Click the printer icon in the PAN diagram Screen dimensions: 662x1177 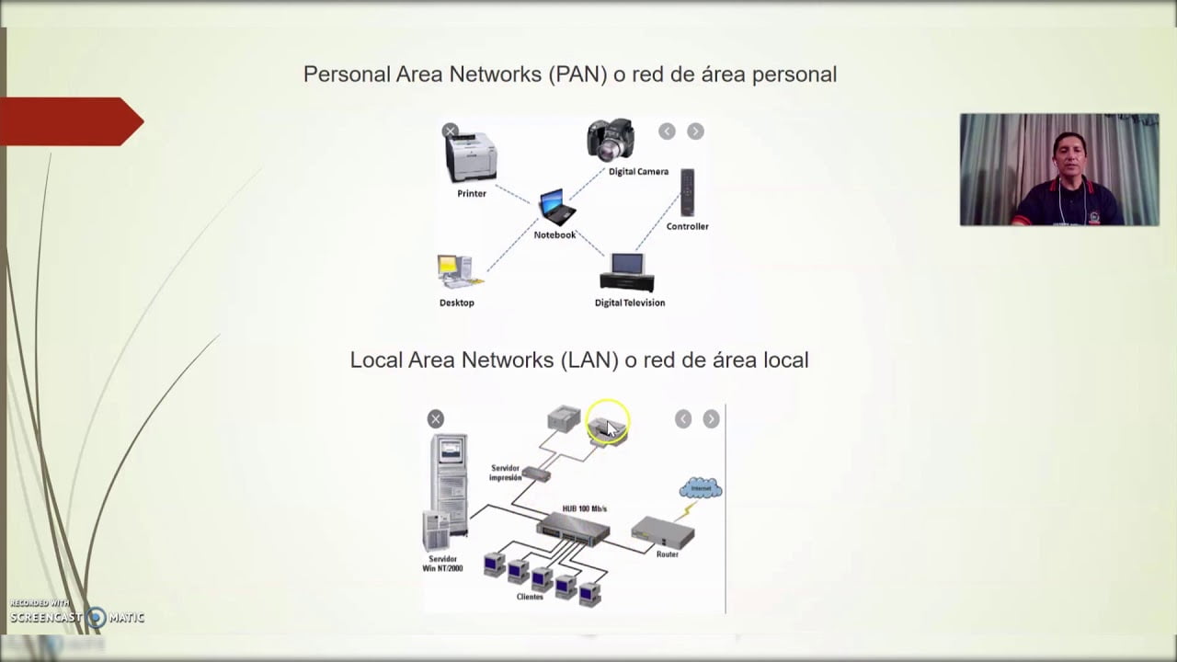coord(471,158)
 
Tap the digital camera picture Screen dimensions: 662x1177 coord(611,140)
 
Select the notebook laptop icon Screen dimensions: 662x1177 coord(556,207)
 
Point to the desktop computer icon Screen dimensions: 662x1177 coord(455,272)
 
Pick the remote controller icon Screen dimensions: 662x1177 coord(687,192)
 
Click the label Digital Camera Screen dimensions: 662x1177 coord(638,172)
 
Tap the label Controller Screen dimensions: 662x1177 coord(688,226)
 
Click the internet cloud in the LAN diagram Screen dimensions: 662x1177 coord(701,488)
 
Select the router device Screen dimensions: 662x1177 coord(663,532)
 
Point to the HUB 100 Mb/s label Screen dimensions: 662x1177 coord(585,508)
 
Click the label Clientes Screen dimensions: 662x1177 coord(530,597)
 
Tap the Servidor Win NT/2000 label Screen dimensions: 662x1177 coord(442,564)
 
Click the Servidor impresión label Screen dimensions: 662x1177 coord(506,473)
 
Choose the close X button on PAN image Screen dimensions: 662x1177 coord(450,131)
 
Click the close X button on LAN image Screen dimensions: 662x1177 coord(436,419)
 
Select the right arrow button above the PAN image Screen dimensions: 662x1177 coord(695,131)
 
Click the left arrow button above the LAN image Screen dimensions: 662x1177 coord(682,419)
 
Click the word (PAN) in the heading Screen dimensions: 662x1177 coord(577,74)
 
